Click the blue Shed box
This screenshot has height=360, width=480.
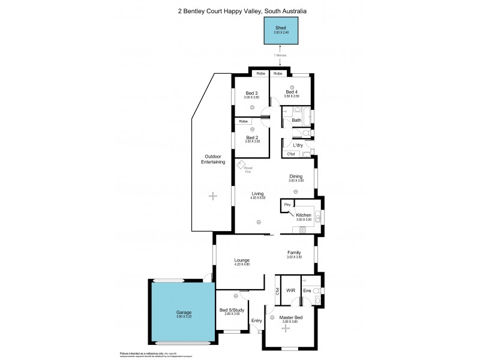pos(281,31)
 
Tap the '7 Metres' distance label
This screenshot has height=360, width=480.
pos(281,55)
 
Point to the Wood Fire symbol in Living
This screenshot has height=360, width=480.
pos(241,166)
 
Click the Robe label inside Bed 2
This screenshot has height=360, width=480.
pos(243,122)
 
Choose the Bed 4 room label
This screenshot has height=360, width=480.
pos(292,92)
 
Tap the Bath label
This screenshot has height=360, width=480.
pos(296,120)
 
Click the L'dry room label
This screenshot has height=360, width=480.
pos(298,145)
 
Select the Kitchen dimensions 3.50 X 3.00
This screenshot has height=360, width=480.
pos(304,220)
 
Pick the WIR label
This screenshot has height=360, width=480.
pos(291,290)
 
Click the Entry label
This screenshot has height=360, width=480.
pos(257,320)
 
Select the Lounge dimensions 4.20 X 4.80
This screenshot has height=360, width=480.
pos(242,265)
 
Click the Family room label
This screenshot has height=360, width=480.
pos(294,253)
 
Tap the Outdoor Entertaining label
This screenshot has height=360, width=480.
pos(213,160)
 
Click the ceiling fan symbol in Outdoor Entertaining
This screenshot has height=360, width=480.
pos(212,195)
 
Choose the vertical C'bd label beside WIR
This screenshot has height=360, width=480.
pos(277,292)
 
